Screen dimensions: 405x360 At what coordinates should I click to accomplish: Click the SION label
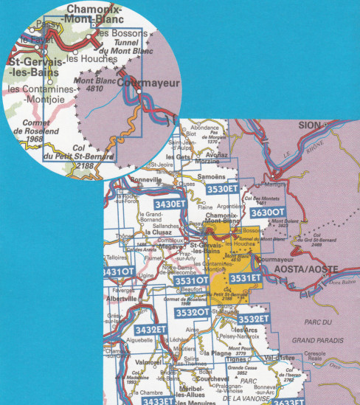pos(312,126)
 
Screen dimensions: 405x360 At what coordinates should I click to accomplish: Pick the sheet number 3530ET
pos(222,190)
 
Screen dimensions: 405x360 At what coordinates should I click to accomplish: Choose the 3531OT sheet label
pos(191,281)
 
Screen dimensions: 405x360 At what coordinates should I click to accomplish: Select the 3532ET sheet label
pos(255,318)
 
